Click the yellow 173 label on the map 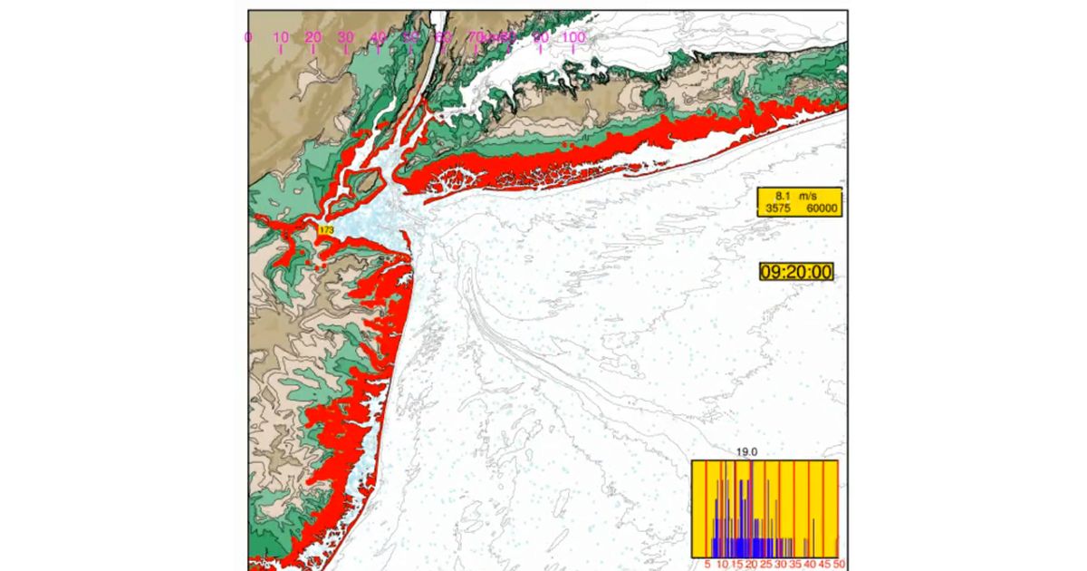326,231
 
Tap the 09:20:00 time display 795,271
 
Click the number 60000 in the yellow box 821,208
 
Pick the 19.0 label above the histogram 745,451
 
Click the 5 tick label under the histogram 707,564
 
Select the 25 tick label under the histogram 765,564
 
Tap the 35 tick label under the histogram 794,564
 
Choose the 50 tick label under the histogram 840,564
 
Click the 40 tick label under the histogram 810,564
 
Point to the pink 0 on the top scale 248,37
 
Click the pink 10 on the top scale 281,37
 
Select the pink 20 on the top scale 313,37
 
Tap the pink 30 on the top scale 346,37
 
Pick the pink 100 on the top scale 572,37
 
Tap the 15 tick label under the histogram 736,564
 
